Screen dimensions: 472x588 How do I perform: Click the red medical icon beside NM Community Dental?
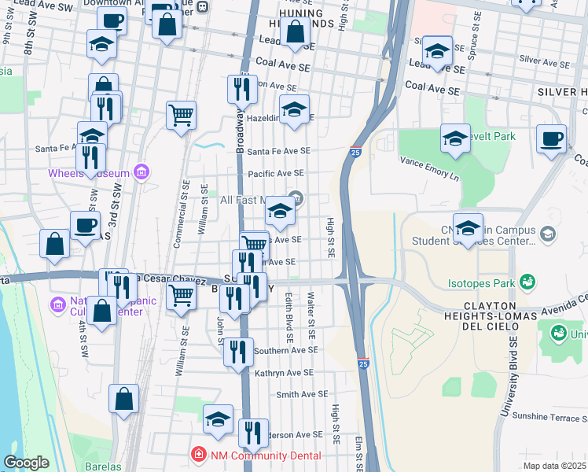[199, 455]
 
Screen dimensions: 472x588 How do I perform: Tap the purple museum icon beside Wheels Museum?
[141, 171]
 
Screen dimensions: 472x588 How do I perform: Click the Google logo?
[26, 463]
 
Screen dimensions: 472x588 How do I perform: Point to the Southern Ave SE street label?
[286, 350]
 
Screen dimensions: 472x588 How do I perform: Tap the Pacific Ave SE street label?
[275, 173]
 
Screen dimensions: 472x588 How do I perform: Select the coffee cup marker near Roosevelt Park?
[551, 138]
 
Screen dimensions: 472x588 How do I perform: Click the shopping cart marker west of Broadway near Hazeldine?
[181, 115]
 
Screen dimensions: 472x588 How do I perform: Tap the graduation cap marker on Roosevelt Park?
[455, 138]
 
